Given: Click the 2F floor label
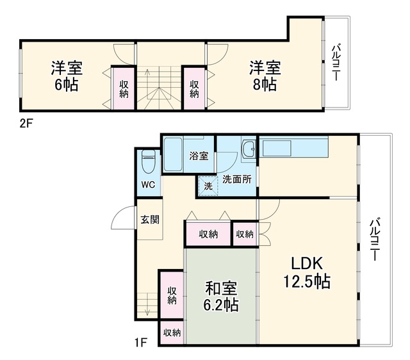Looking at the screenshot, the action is (x=26, y=124).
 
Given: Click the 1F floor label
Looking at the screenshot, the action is (x=140, y=342).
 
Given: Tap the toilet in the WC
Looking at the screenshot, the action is (x=148, y=161).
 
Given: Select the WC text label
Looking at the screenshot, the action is (x=148, y=184).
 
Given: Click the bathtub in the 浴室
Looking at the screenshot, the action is (x=174, y=154).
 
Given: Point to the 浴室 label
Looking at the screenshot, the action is (x=199, y=156).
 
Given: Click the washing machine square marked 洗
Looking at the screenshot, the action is (x=208, y=186).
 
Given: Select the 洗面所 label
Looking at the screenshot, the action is (x=236, y=179).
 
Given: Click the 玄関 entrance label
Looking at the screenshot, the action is (x=150, y=219).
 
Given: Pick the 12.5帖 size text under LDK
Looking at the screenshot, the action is (x=307, y=281).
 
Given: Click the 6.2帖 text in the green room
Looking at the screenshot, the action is (x=221, y=304).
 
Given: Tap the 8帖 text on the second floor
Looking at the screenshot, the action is (x=265, y=84).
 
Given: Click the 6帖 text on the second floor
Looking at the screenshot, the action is (x=66, y=84).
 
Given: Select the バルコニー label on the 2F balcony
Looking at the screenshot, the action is (x=336, y=63).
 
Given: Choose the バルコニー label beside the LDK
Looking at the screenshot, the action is (x=374, y=240).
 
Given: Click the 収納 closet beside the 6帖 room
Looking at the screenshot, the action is (x=124, y=89).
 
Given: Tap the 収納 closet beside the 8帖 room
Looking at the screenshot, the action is (x=194, y=89).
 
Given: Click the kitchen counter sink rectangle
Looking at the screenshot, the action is (x=277, y=148).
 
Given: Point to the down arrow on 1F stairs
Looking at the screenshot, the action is (x=147, y=304).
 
